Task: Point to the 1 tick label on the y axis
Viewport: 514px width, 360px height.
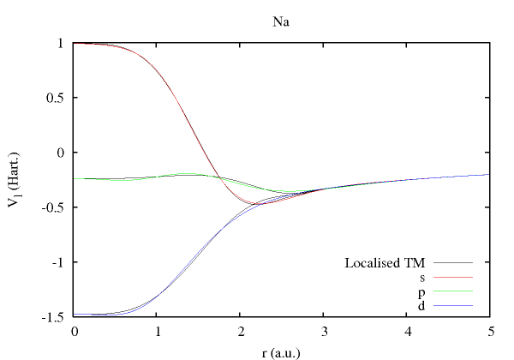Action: (61, 43)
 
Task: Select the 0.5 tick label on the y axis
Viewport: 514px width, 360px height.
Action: (56, 98)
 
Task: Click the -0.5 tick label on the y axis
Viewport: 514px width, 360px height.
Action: (54, 207)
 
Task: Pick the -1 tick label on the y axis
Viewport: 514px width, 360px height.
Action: (59, 262)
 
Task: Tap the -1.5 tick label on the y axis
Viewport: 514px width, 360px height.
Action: (54, 317)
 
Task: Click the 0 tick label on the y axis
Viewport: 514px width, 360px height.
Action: (61, 153)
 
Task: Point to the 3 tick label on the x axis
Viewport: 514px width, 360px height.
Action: (323, 331)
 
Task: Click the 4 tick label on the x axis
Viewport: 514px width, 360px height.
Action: (406, 331)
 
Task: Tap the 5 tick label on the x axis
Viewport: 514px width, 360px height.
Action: (488, 331)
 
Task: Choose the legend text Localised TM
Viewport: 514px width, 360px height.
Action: (384, 262)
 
